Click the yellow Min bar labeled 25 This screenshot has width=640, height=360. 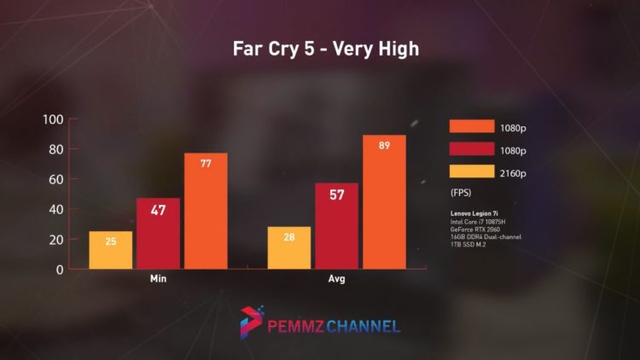[x=111, y=250]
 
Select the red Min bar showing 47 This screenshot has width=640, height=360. [x=159, y=234]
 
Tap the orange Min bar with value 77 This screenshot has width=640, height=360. [x=206, y=211]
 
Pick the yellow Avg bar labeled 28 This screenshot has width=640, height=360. [x=289, y=247]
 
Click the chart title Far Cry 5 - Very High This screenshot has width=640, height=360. [x=325, y=49]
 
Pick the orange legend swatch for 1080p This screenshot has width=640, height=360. [x=472, y=126]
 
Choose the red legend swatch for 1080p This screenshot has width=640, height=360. [x=472, y=149]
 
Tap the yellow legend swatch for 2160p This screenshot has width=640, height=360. [x=472, y=172]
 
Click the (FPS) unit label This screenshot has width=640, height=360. [x=462, y=194]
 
